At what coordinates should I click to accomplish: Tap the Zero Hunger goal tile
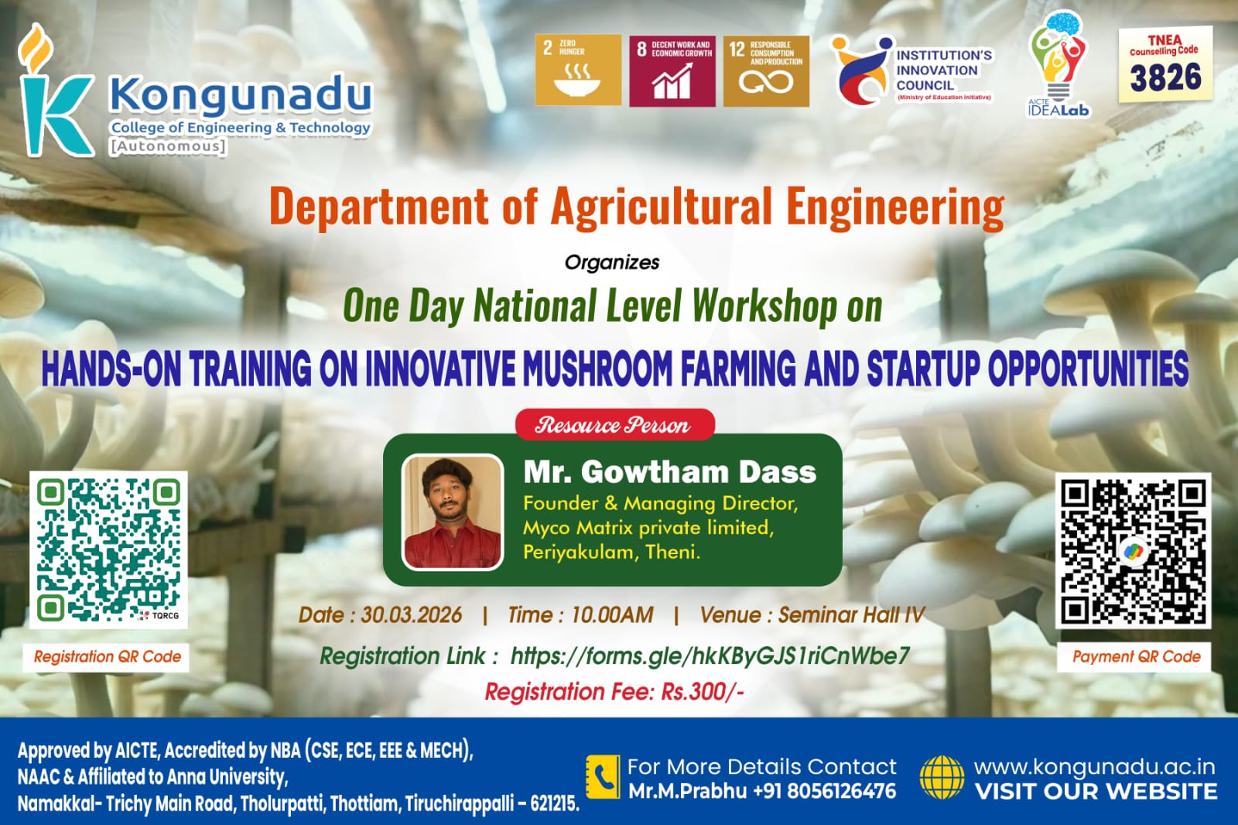click(578, 70)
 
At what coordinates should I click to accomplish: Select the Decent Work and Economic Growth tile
click(672, 70)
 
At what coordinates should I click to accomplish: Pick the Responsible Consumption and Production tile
click(766, 70)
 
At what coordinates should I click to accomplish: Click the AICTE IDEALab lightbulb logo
click(1058, 66)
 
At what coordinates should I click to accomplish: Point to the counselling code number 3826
click(1165, 78)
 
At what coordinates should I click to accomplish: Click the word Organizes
click(612, 262)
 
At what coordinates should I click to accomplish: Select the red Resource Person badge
click(614, 425)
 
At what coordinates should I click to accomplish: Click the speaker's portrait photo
click(453, 512)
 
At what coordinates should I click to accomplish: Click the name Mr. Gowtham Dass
click(669, 471)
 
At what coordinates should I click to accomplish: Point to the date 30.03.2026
click(411, 615)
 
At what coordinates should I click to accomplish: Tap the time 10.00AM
click(611, 615)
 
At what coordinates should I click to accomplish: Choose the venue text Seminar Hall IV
click(850, 615)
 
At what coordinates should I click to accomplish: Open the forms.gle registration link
click(710, 656)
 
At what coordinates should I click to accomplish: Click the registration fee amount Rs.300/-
click(702, 691)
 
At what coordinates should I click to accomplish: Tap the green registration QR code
click(108, 549)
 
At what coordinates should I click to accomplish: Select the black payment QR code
click(1133, 551)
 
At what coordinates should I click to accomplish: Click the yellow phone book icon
click(603, 777)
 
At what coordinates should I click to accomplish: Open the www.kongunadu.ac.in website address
click(1094, 767)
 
